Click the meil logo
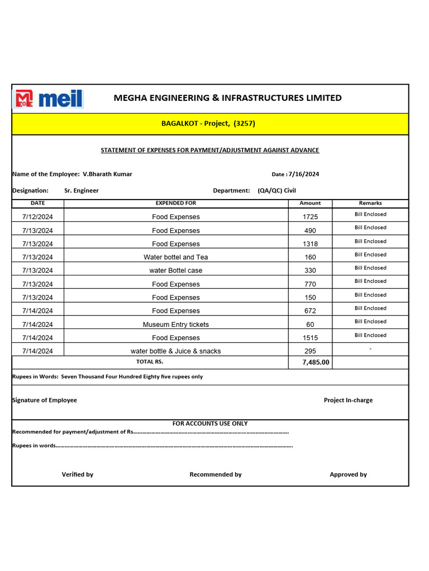click(x=49, y=99)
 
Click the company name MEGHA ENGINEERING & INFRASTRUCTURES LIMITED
click(x=227, y=98)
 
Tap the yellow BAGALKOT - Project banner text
click(x=208, y=123)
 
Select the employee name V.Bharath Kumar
click(x=107, y=174)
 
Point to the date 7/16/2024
click(x=304, y=174)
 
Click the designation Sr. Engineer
click(x=82, y=191)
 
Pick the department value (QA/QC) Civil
click(x=277, y=191)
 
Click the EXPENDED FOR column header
click(x=176, y=204)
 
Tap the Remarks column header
click(x=370, y=204)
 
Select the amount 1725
click(x=310, y=217)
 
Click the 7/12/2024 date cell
click(x=38, y=217)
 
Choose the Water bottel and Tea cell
click(x=176, y=257)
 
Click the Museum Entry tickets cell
click(x=176, y=325)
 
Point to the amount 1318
click(x=310, y=244)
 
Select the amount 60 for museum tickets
click(x=310, y=325)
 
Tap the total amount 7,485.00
click(x=310, y=362)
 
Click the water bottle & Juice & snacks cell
click(x=176, y=351)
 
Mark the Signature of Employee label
click(x=45, y=400)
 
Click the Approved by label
click(x=348, y=475)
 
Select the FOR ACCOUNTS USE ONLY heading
click(x=210, y=424)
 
